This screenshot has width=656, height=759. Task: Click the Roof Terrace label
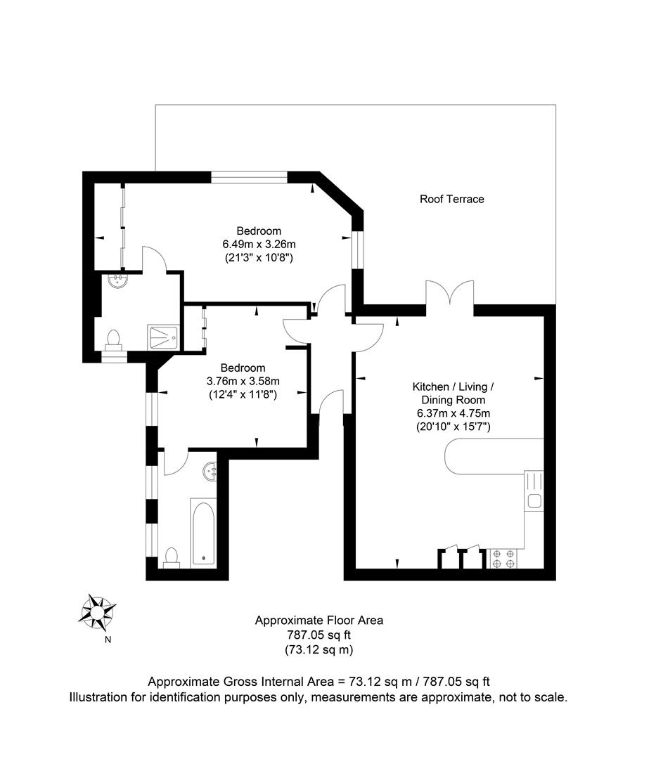tap(451, 199)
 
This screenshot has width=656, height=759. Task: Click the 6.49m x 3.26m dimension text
tap(258, 244)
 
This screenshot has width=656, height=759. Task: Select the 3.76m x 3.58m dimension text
tap(243, 381)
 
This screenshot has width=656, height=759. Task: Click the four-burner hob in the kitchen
tap(503, 558)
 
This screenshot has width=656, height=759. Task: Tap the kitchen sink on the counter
tap(534, 501)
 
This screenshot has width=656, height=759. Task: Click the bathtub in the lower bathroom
tap(203, 533)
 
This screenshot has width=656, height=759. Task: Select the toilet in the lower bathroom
tap(171, 557)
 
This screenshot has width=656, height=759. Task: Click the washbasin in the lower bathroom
tap(210, 472)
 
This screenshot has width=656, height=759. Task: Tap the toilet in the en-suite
tap(113, 340)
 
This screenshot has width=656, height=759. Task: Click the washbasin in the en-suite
tap(117, 282)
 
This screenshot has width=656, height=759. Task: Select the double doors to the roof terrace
tap(450, 294)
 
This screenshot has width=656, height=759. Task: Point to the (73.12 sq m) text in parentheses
tap(319, 650)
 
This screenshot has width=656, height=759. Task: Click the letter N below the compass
tap(108, 640)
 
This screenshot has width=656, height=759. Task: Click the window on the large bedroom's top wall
tap(250, 176)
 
